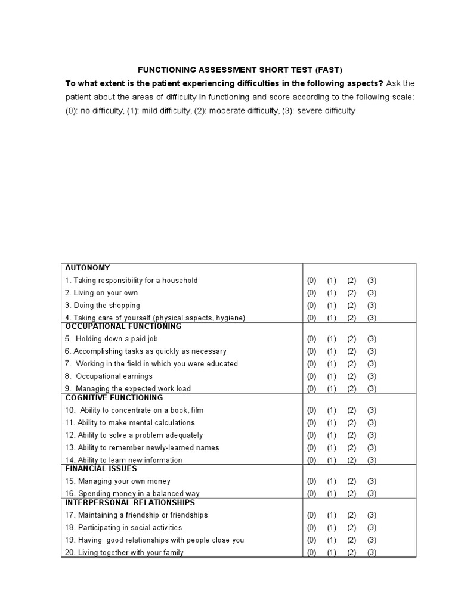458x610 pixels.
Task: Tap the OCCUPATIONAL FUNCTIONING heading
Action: coord(123,326)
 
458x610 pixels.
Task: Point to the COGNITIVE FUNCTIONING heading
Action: coord(114,397)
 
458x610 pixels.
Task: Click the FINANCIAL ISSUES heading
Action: coord(93,468)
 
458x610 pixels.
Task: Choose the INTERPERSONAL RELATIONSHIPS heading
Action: coord(130,503)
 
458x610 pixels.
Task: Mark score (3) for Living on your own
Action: coord(372,293)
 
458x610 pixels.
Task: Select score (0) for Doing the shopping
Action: coord(311,306)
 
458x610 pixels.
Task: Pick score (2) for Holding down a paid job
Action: coord(351,339)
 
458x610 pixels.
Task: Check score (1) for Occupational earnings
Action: coord(332,376)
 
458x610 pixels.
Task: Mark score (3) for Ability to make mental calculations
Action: coord(372,423)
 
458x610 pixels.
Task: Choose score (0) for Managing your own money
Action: coord(311,481)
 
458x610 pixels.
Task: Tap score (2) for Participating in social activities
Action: coord(351,528)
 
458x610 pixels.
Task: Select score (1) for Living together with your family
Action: coord(332,553)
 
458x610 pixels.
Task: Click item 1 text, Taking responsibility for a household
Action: coord(131,281)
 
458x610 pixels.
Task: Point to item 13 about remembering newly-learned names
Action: coord(142,448)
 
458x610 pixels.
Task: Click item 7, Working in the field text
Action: coord(151,364)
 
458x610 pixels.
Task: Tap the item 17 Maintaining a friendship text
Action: coord(137,515)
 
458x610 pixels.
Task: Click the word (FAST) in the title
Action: coord(327,69)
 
